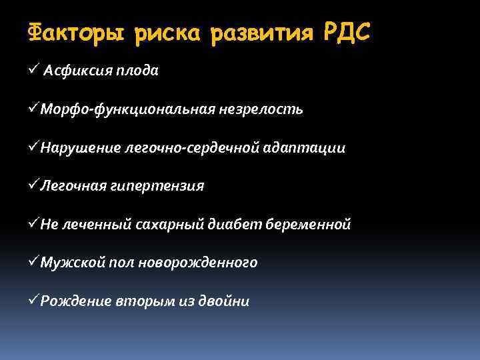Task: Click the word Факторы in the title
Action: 75,33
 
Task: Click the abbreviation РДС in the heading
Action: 345,31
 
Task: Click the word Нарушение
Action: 79,148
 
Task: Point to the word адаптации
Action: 307,148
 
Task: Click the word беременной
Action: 309,225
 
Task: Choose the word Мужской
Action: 71,263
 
